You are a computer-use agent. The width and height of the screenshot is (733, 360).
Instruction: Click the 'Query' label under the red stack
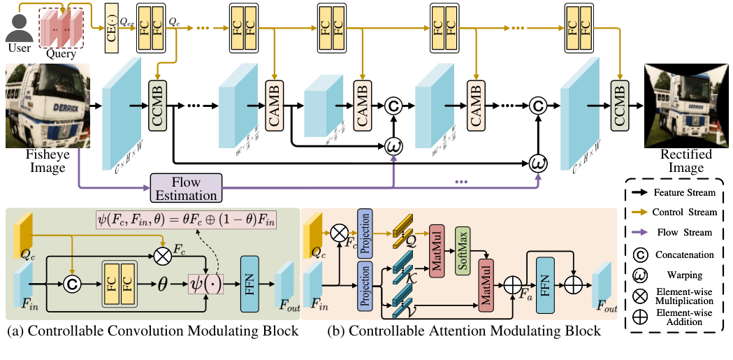pos(61,53)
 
